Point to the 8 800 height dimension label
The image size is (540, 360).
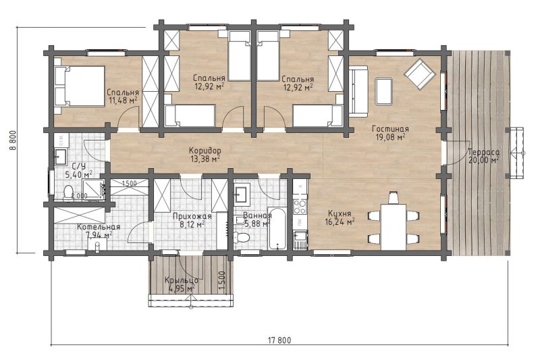click(13, 140)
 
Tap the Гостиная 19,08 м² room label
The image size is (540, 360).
click(391, 133)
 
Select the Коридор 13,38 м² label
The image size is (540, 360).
click(205, 155)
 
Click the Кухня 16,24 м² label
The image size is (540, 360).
click(340, 217)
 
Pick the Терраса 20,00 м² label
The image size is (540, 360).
click(484, 156)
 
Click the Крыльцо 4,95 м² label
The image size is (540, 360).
click(181, 284)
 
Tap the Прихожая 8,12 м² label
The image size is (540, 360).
click(192, 220)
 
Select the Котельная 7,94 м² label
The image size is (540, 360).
click(99, 231)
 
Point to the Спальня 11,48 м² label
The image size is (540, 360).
click(123, 97)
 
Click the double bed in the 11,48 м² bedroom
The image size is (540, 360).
click(80, 86)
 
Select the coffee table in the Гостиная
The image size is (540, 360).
click(384, 91)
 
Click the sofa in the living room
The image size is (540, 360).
click(358, 91)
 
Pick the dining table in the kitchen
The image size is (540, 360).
click(394, 226)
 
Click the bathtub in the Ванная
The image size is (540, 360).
click(277, 228)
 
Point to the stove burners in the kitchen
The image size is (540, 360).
click(299, 207)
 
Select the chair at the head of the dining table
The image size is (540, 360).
click(394, 197)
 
